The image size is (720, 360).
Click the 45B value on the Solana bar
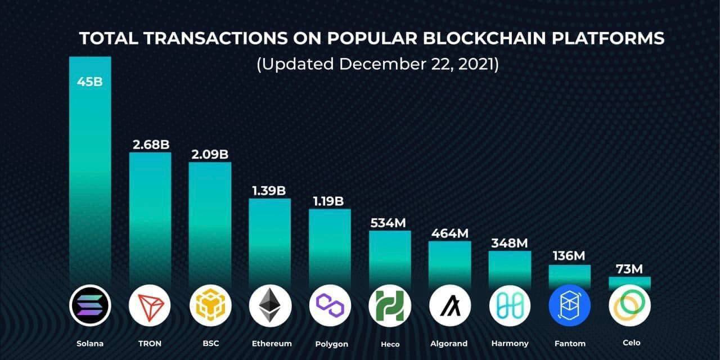[90, 82]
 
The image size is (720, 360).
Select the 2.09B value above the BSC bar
[209, 154]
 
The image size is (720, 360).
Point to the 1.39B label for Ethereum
[270, 190]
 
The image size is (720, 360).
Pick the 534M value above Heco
[388, 222]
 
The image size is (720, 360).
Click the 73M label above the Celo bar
[629, 269]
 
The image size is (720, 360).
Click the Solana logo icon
[90, 306]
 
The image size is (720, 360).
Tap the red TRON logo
[150, 306]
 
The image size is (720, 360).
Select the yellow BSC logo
[210, 306]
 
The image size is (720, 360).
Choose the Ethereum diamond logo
[270, 306]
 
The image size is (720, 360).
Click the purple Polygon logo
[330, 306]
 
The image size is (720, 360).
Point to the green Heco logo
[390, 306]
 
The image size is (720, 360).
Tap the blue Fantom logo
[569, 306]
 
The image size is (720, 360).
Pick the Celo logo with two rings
[629, 306]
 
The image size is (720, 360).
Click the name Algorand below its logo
[449, 343]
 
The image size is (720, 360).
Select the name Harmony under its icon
[510, 343]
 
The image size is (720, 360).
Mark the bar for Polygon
[330, 247]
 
